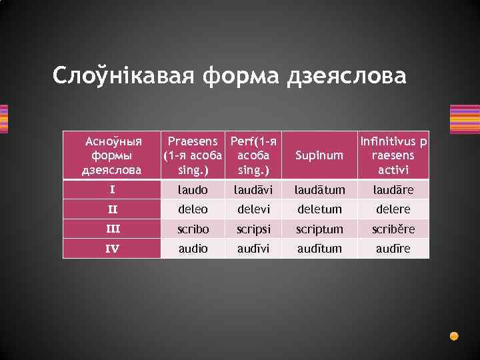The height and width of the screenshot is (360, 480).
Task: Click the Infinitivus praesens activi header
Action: [x=393, y=155]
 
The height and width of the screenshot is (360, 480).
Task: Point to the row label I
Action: [x=112, y=190]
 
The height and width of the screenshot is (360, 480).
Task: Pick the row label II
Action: [x=112, y=209]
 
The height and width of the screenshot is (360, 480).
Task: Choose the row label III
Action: [x=112, y=229]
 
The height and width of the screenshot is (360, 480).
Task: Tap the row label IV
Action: [x=112, y=248]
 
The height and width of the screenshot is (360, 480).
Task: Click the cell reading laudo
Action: [x=193, y=190]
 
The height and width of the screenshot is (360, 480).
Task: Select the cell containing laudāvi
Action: [x=253, y=190]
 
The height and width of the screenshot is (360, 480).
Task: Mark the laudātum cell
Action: [x=321, y=190]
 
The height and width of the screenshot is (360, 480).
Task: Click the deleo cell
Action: [x=193, y=209]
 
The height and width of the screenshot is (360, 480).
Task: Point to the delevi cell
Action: [x=253, y=209]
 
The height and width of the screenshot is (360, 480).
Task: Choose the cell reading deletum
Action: [x=321, y=209]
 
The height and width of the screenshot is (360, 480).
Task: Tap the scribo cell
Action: [x=193, y=229]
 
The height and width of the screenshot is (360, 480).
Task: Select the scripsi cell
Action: [x=253, y=229]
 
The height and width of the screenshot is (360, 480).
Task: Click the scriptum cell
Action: [x=321, y=229]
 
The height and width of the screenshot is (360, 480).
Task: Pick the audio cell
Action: [x=193, y=248]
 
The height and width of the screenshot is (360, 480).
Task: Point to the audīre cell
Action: [x=393, y=248]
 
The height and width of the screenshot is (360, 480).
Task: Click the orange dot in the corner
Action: [x=454, y=336]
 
